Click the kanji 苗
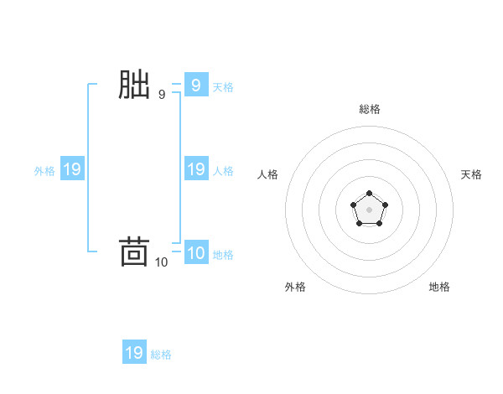point(134,252)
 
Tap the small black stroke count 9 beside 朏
point(162,95)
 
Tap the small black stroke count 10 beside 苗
point(162,262)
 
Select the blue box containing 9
point(196,85)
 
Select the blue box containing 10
point(196,252)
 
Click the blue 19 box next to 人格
point(196,169)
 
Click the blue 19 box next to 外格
point(72,169)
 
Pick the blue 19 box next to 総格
point(134,353)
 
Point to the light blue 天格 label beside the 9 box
point(223,86)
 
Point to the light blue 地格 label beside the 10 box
point(223,254)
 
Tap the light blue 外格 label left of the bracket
point(44,171)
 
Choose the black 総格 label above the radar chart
point(370,109)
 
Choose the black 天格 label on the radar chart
point(471,174)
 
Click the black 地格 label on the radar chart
point(439,287)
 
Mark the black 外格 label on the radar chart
point(295,287)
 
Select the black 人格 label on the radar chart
point(268,174)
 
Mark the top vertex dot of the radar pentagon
point(369,194)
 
